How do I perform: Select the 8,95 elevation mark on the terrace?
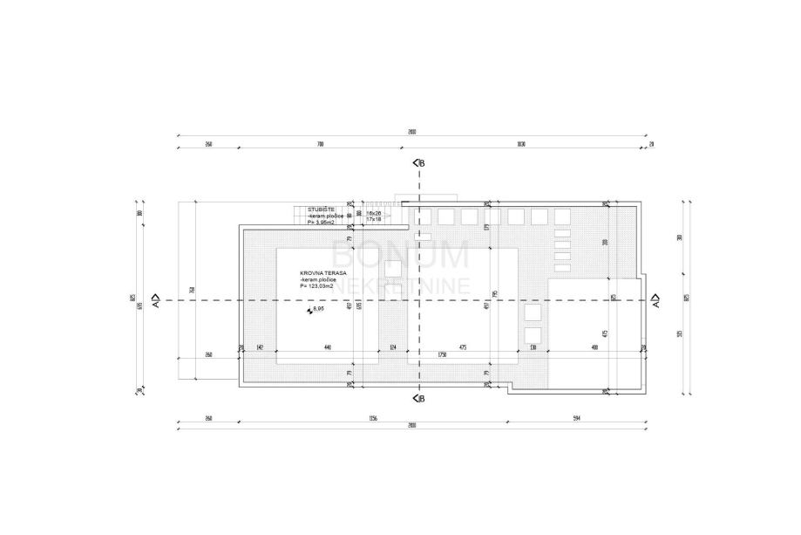coord(317,309)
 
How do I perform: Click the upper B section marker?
coord(418,163)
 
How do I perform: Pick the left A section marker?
coord(155,300)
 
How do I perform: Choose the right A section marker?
coord(655,300)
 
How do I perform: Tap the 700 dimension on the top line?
coord(320,143)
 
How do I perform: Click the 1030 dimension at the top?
coord(521,143)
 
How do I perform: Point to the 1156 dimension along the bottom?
coord(373,419)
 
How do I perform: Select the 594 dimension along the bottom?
coord(576,419)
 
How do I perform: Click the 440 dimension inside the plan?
coord(327,348)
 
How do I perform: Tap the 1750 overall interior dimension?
coord(442,354)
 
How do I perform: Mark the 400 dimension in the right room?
coord(594,348)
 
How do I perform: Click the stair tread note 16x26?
coord(374,213)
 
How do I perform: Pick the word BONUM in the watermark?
coord(400,255)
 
